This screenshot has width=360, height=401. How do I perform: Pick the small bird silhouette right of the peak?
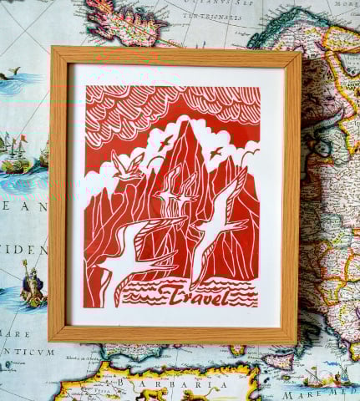coord(217,151)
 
